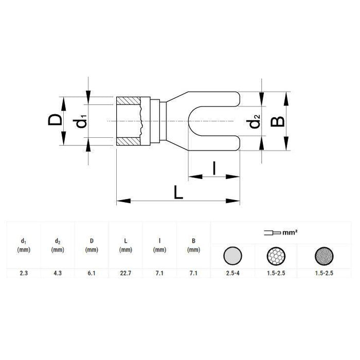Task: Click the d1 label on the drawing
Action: tap(81, 123)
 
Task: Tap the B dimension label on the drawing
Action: tap(278, 121)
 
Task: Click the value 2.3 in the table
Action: tap(23, 274)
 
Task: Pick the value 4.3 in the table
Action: tap(57, 274)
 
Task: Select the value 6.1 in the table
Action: tap(92, 274)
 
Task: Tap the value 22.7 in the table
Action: tap(125, 274)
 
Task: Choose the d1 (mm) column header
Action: tap(23, 245)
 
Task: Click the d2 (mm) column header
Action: tap(57, 245)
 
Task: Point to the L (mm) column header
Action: tap(125, 245)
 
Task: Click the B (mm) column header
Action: tap(194, 245)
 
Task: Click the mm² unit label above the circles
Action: tap(291, 233)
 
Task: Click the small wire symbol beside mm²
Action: tap(271, 233)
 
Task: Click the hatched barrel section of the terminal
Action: tap(129, 121)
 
